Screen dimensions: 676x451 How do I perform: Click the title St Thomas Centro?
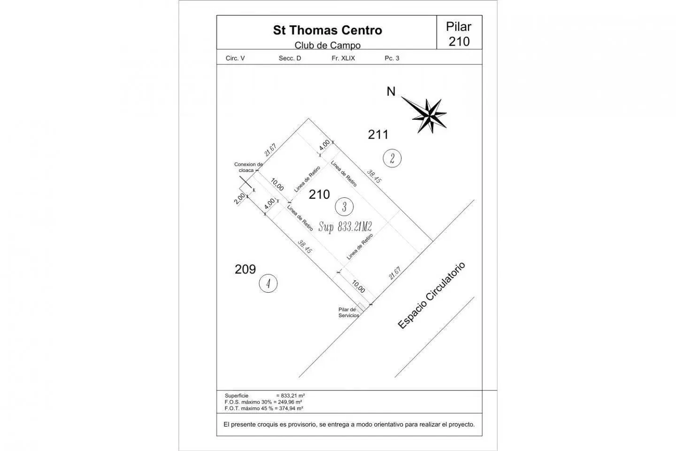[328, 30]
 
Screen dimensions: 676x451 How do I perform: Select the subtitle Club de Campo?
[328, 45]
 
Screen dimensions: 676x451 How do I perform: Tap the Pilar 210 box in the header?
[459, 32]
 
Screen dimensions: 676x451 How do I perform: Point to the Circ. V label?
[235, 58]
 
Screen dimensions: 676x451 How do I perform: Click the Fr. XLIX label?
[343, 58]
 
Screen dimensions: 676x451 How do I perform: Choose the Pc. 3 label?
[392, 58]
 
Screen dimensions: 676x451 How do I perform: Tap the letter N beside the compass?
[391, 92]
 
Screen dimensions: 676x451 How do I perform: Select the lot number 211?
[378, 134]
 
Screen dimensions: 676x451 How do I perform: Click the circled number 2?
[392, 158]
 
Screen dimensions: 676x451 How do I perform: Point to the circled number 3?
[345, 207]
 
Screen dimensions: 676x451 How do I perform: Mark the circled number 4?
[268, 283]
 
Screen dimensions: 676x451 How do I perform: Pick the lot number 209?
[245, 269]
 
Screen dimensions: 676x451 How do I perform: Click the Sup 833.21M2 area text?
[345, 227]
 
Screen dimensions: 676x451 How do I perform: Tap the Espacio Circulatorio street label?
[431, 295]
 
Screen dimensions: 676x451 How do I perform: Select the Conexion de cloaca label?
[248, 167]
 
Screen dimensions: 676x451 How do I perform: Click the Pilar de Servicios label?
[348, 312]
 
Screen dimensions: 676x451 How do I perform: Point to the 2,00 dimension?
[239, 198]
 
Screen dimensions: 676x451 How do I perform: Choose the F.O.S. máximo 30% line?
[263, 402]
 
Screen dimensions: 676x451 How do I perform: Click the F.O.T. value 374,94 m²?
[292, 408]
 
